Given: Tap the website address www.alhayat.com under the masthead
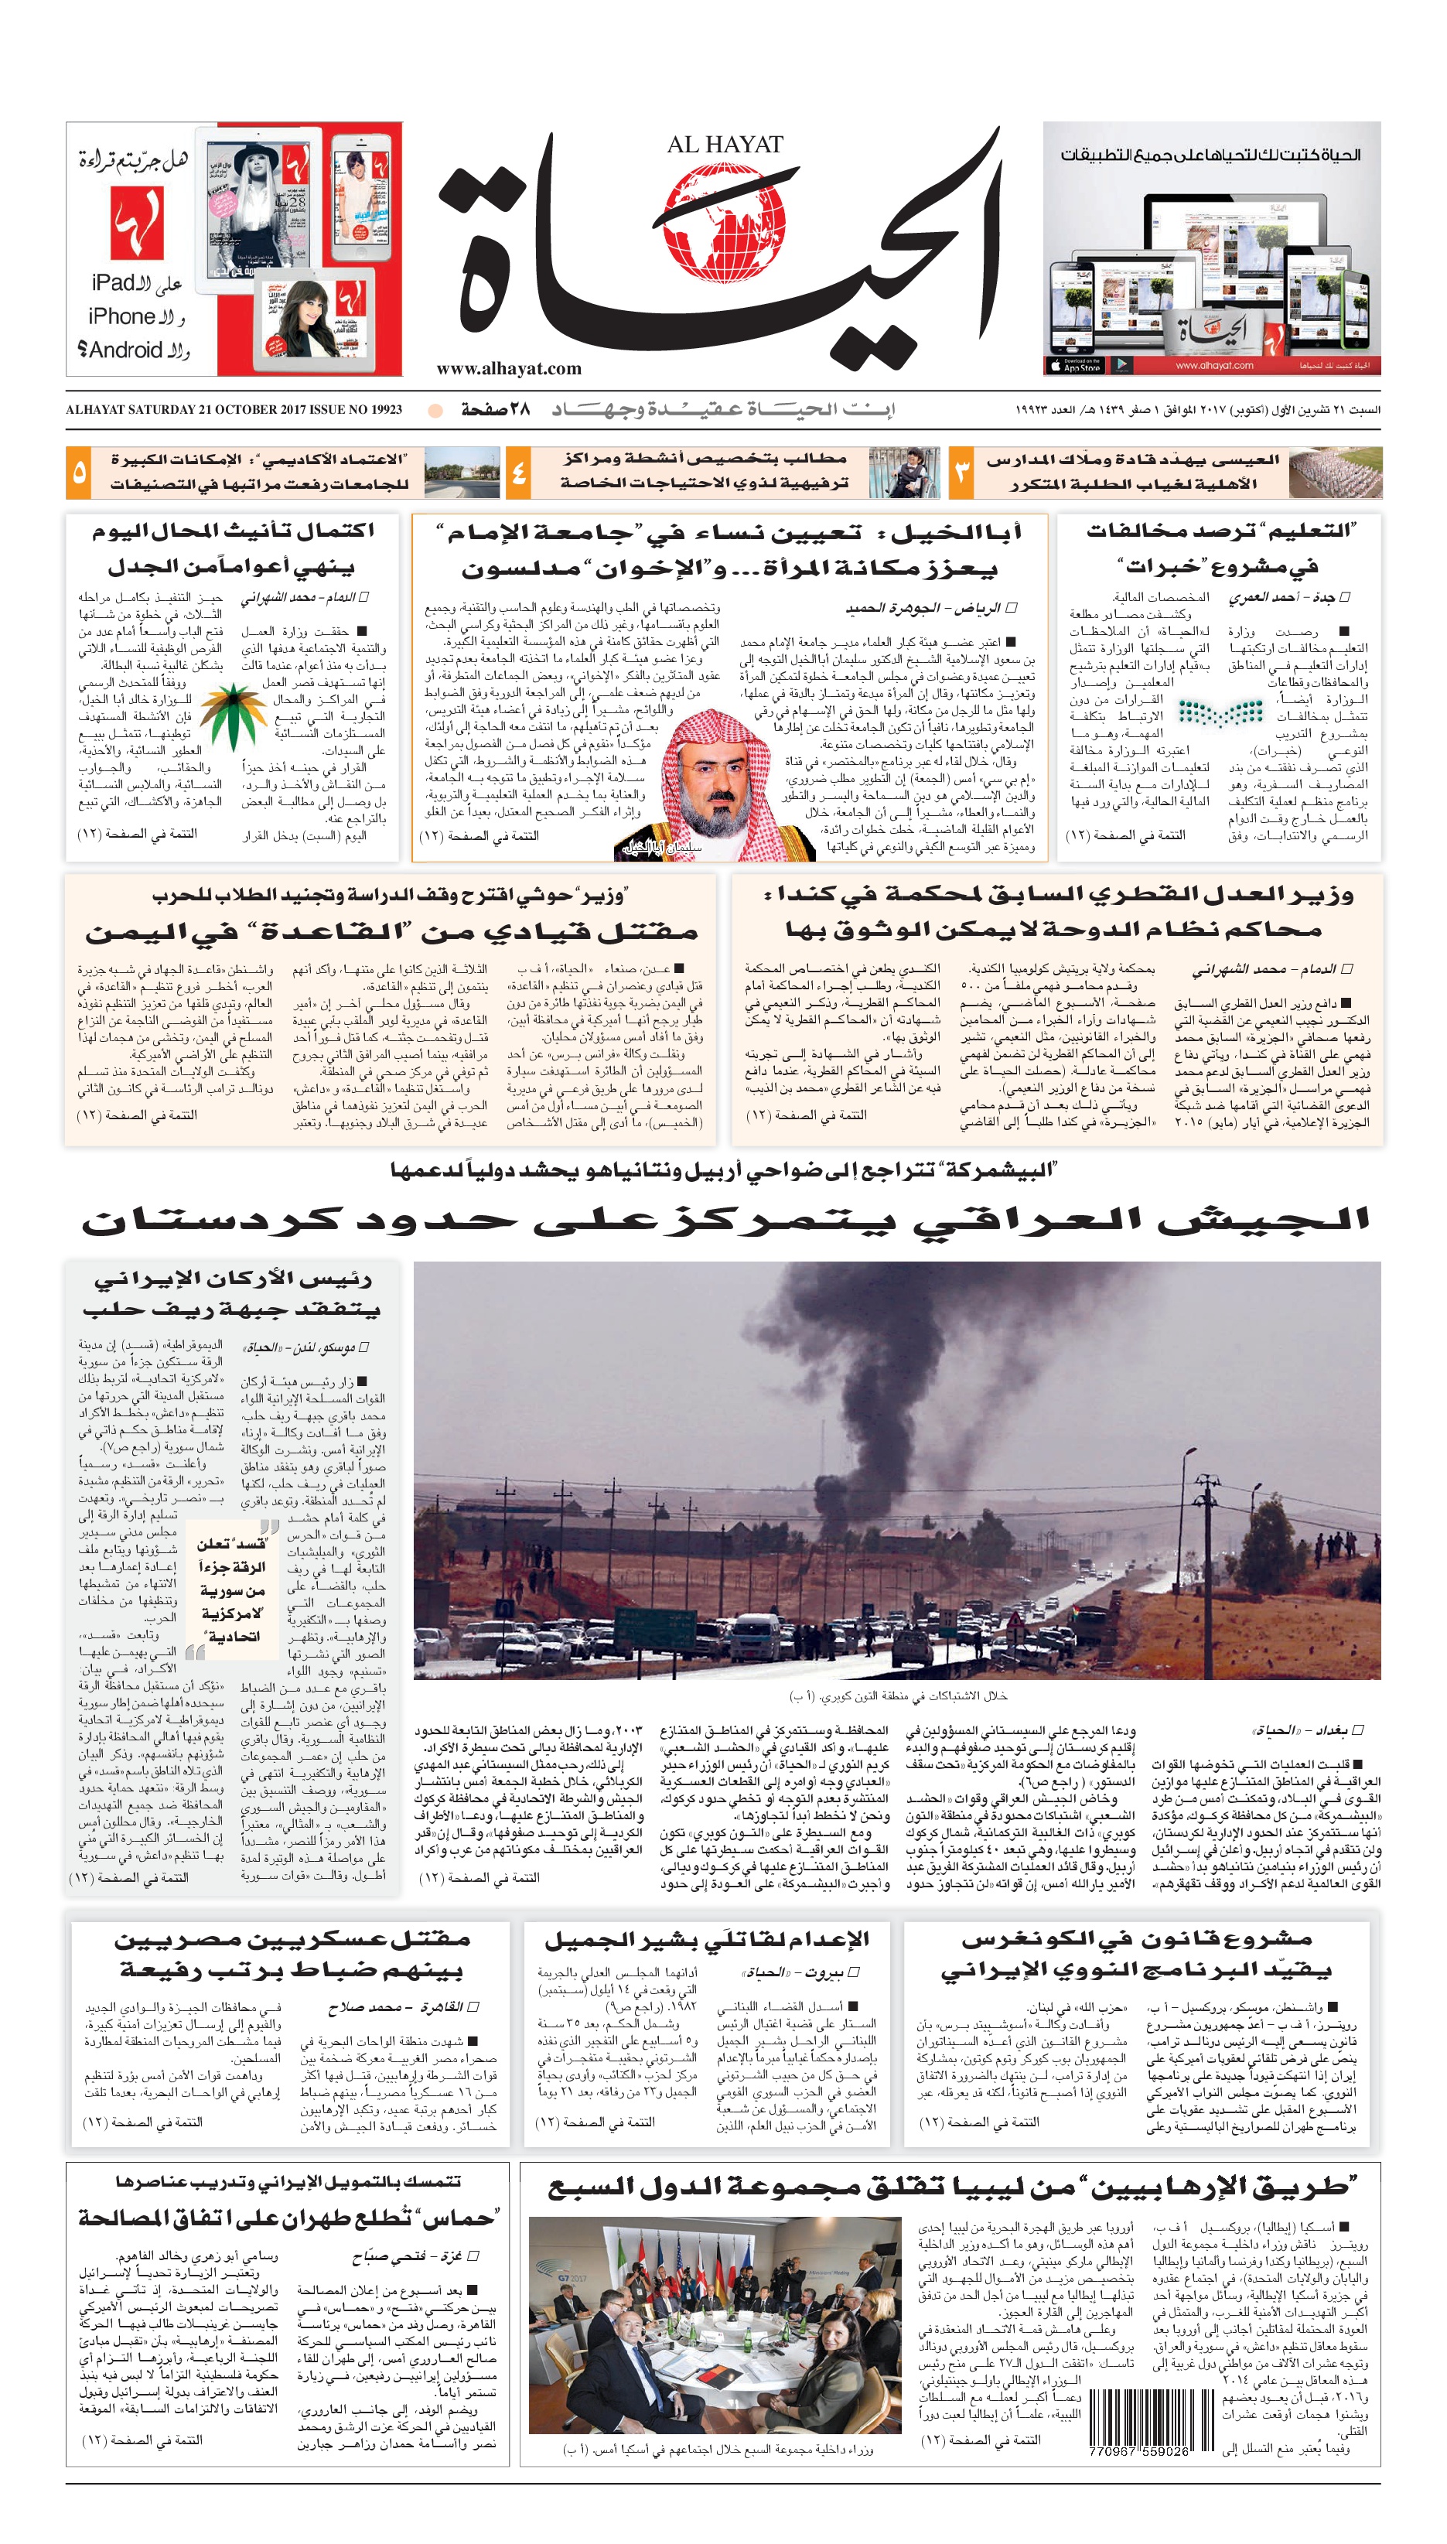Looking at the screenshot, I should point(509,369).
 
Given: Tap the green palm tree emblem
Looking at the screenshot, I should point(234,716).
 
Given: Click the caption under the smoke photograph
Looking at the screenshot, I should point(897,1695).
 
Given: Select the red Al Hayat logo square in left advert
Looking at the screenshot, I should point(135,224).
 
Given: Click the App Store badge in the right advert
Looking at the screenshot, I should point(1075,365).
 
